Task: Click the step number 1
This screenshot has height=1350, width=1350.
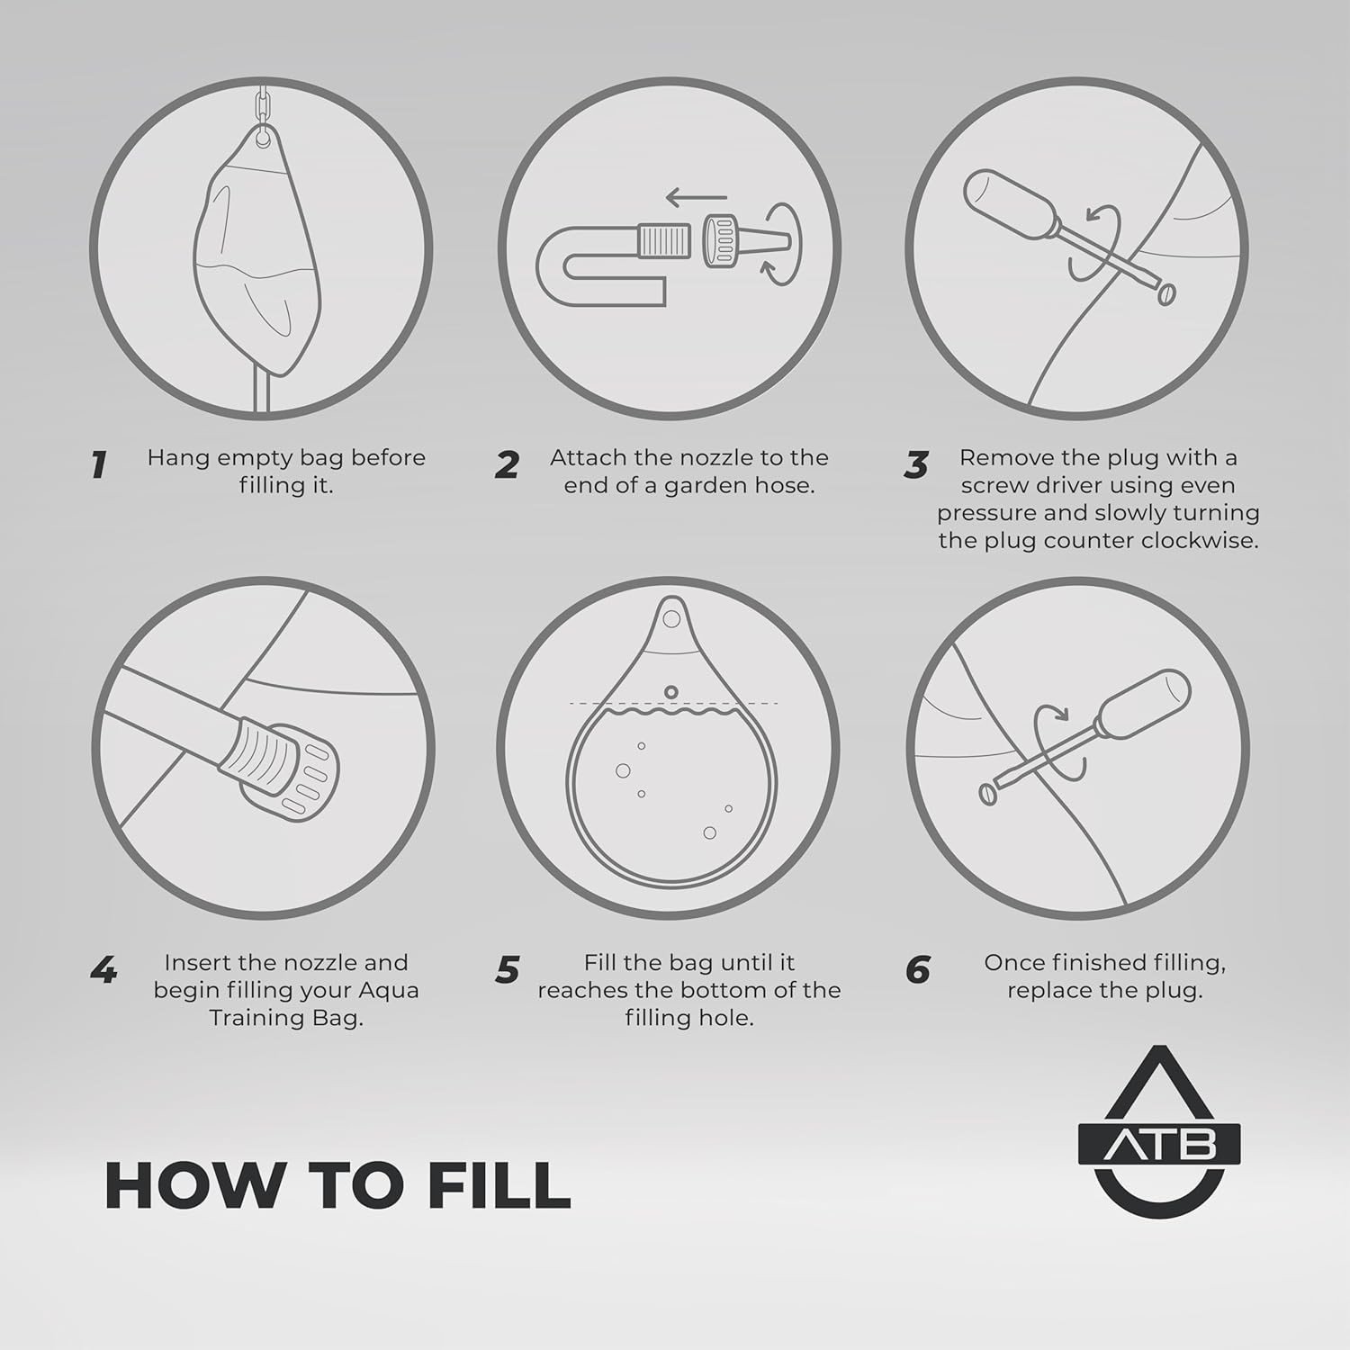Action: pyautogui.click(x=98, y=464)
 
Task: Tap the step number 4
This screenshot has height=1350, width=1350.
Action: pyautogui.click(x=103, y=970)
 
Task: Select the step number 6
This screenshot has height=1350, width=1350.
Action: pyautogui.click(x=917, y=970)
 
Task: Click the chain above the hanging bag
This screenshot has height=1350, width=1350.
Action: pyautogui.click(x=263, y=108)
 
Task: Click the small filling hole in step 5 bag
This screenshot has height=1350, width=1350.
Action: pyautogui.click(x=670, y=692)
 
